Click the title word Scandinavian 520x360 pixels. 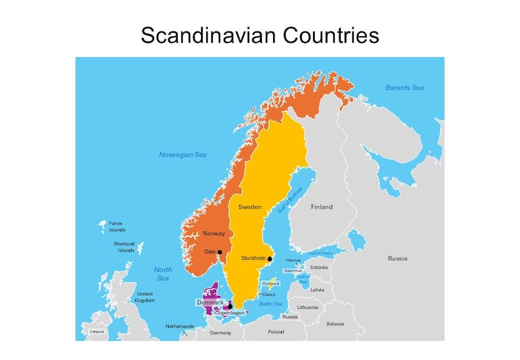tap(211, 35)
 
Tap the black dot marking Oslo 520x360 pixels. tap(220, 252)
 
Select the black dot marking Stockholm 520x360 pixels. tap(270, 259)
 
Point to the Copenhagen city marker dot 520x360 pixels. tap(230, 306)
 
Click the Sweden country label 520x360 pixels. tap(250, 207)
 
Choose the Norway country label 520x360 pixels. tap(214, 234)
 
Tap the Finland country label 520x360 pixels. tap(322, 207)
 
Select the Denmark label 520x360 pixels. tap(210, 302)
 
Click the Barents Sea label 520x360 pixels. tap(404, 88)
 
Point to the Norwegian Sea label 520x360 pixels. tap(183, 155)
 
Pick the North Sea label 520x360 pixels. tap(163, 274)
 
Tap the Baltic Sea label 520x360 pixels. tap(270, 304)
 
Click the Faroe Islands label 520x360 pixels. tap(117, 226)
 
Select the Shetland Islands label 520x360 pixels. tap(124, 247)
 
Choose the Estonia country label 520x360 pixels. tap(319, 268)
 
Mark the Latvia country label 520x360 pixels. tap(317, 289)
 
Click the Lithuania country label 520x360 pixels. tap(307, 307)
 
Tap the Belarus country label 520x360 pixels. tap(335, 323)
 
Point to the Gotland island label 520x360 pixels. tap(270, 283)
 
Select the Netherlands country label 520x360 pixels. tap(179, 326)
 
